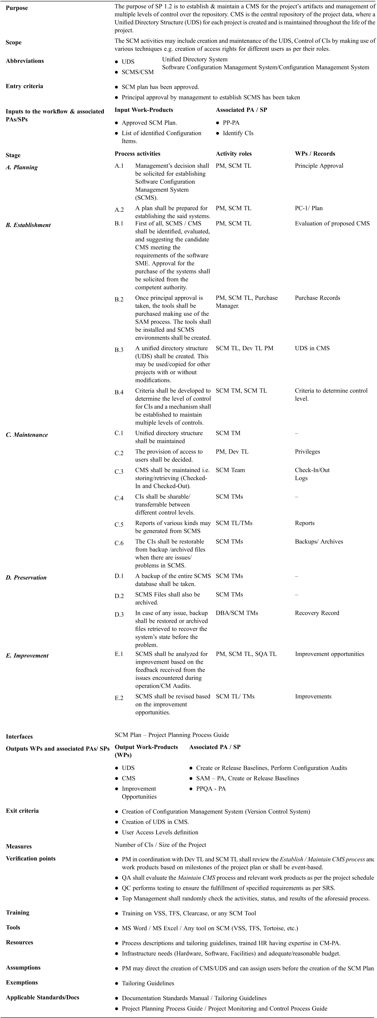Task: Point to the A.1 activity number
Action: coord(119,166)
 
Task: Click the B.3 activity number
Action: coord(119,350)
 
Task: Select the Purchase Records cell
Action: coord(317,298)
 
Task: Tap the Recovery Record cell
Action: coord(317,613)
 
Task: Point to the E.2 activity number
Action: coord(119,698)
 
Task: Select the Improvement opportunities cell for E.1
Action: coord(329,654)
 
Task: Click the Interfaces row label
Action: coord(19,737)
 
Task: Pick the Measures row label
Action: coord(19,847)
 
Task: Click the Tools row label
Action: coord(13,928)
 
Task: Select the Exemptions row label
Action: coord(22,982)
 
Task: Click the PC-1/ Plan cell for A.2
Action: coord(309,208)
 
